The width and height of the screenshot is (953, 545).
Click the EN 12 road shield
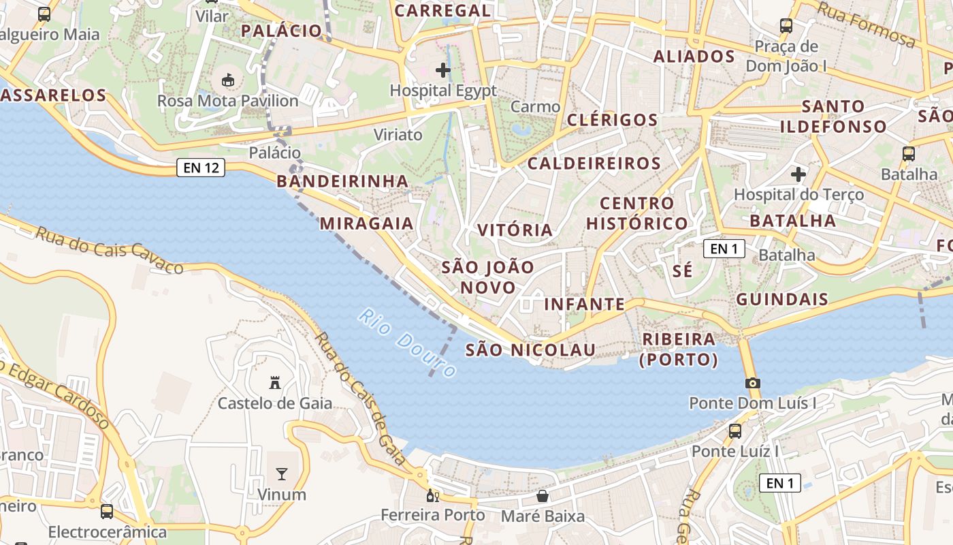click(x=201, y=167)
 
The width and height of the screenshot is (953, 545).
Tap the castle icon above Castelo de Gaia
click(x=275, y=382)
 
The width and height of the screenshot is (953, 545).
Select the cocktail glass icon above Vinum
click(x=281, y=473)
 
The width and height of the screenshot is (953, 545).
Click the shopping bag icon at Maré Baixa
click(x=543, y=495)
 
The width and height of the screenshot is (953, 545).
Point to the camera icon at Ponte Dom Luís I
click(x=752, y=383)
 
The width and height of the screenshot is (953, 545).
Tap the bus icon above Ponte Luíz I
click(x=735, y=431)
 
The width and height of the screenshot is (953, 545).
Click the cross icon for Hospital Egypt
click(x=443, y=69)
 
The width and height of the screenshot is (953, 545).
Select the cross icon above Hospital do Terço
click(x=798, y=174)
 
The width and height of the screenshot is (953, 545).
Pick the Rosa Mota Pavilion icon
click(x=228, y=80)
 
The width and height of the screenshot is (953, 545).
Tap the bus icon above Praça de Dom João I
click(x=786, y=26)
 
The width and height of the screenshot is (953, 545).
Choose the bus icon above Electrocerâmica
click(x=107, y=511)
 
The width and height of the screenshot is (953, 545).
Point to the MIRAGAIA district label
click(x=367, y=223)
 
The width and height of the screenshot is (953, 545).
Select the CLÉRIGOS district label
click(x=613, y=120)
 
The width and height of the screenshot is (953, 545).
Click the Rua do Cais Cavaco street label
click(x=110, y=249)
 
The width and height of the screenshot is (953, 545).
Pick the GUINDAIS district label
click(x=782, y=299)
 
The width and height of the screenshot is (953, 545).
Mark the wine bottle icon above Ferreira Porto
click(x=430, y=495)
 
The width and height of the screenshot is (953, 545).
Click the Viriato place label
click(x=398, y=135)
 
